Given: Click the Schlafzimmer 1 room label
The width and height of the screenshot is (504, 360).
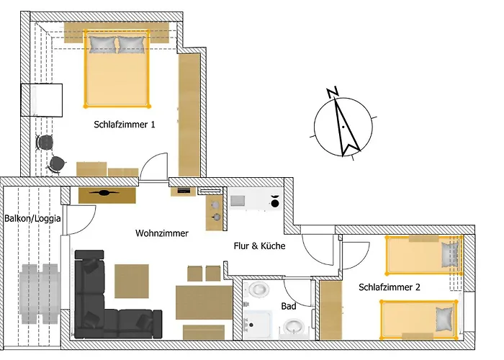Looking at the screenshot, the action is click(x=125, y=125).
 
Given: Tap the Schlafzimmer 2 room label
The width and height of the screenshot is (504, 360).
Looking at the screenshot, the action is click(x=390, y=287).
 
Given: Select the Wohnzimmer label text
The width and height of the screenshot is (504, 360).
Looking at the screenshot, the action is click(x=162, y=233).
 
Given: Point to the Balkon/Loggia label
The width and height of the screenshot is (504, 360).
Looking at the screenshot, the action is click(x=32, y=219).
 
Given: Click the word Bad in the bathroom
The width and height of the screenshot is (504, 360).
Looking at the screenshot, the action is click(x=289, y=306).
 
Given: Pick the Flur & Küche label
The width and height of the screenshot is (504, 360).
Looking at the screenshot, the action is click(x=259, y=246).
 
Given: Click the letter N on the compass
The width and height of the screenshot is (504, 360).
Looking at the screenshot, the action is click(x=333, y=92).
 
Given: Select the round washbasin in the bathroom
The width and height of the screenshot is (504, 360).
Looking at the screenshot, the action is click(x=294, y=327).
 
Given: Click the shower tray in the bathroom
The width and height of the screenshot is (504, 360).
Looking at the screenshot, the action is click(x=258, y=325).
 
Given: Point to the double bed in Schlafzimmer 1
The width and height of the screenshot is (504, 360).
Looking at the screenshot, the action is click(x=117, y=68).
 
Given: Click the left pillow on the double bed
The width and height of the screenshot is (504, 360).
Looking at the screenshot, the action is click(x=102, y=45).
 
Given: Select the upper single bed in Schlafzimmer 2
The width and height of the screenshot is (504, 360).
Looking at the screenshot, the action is click(x=424, y=256).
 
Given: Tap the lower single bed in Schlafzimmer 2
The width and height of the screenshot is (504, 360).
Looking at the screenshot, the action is click(x=419, y=320).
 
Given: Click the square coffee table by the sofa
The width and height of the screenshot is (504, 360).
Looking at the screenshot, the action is click(x=132, y=281).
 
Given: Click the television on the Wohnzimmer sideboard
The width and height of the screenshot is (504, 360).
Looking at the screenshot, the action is click(x=104, y=193).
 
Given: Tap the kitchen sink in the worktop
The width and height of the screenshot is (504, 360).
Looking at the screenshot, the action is click(x=238, y=201).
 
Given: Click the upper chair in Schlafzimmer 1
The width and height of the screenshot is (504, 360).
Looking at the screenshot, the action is click(x=45, y=143).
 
